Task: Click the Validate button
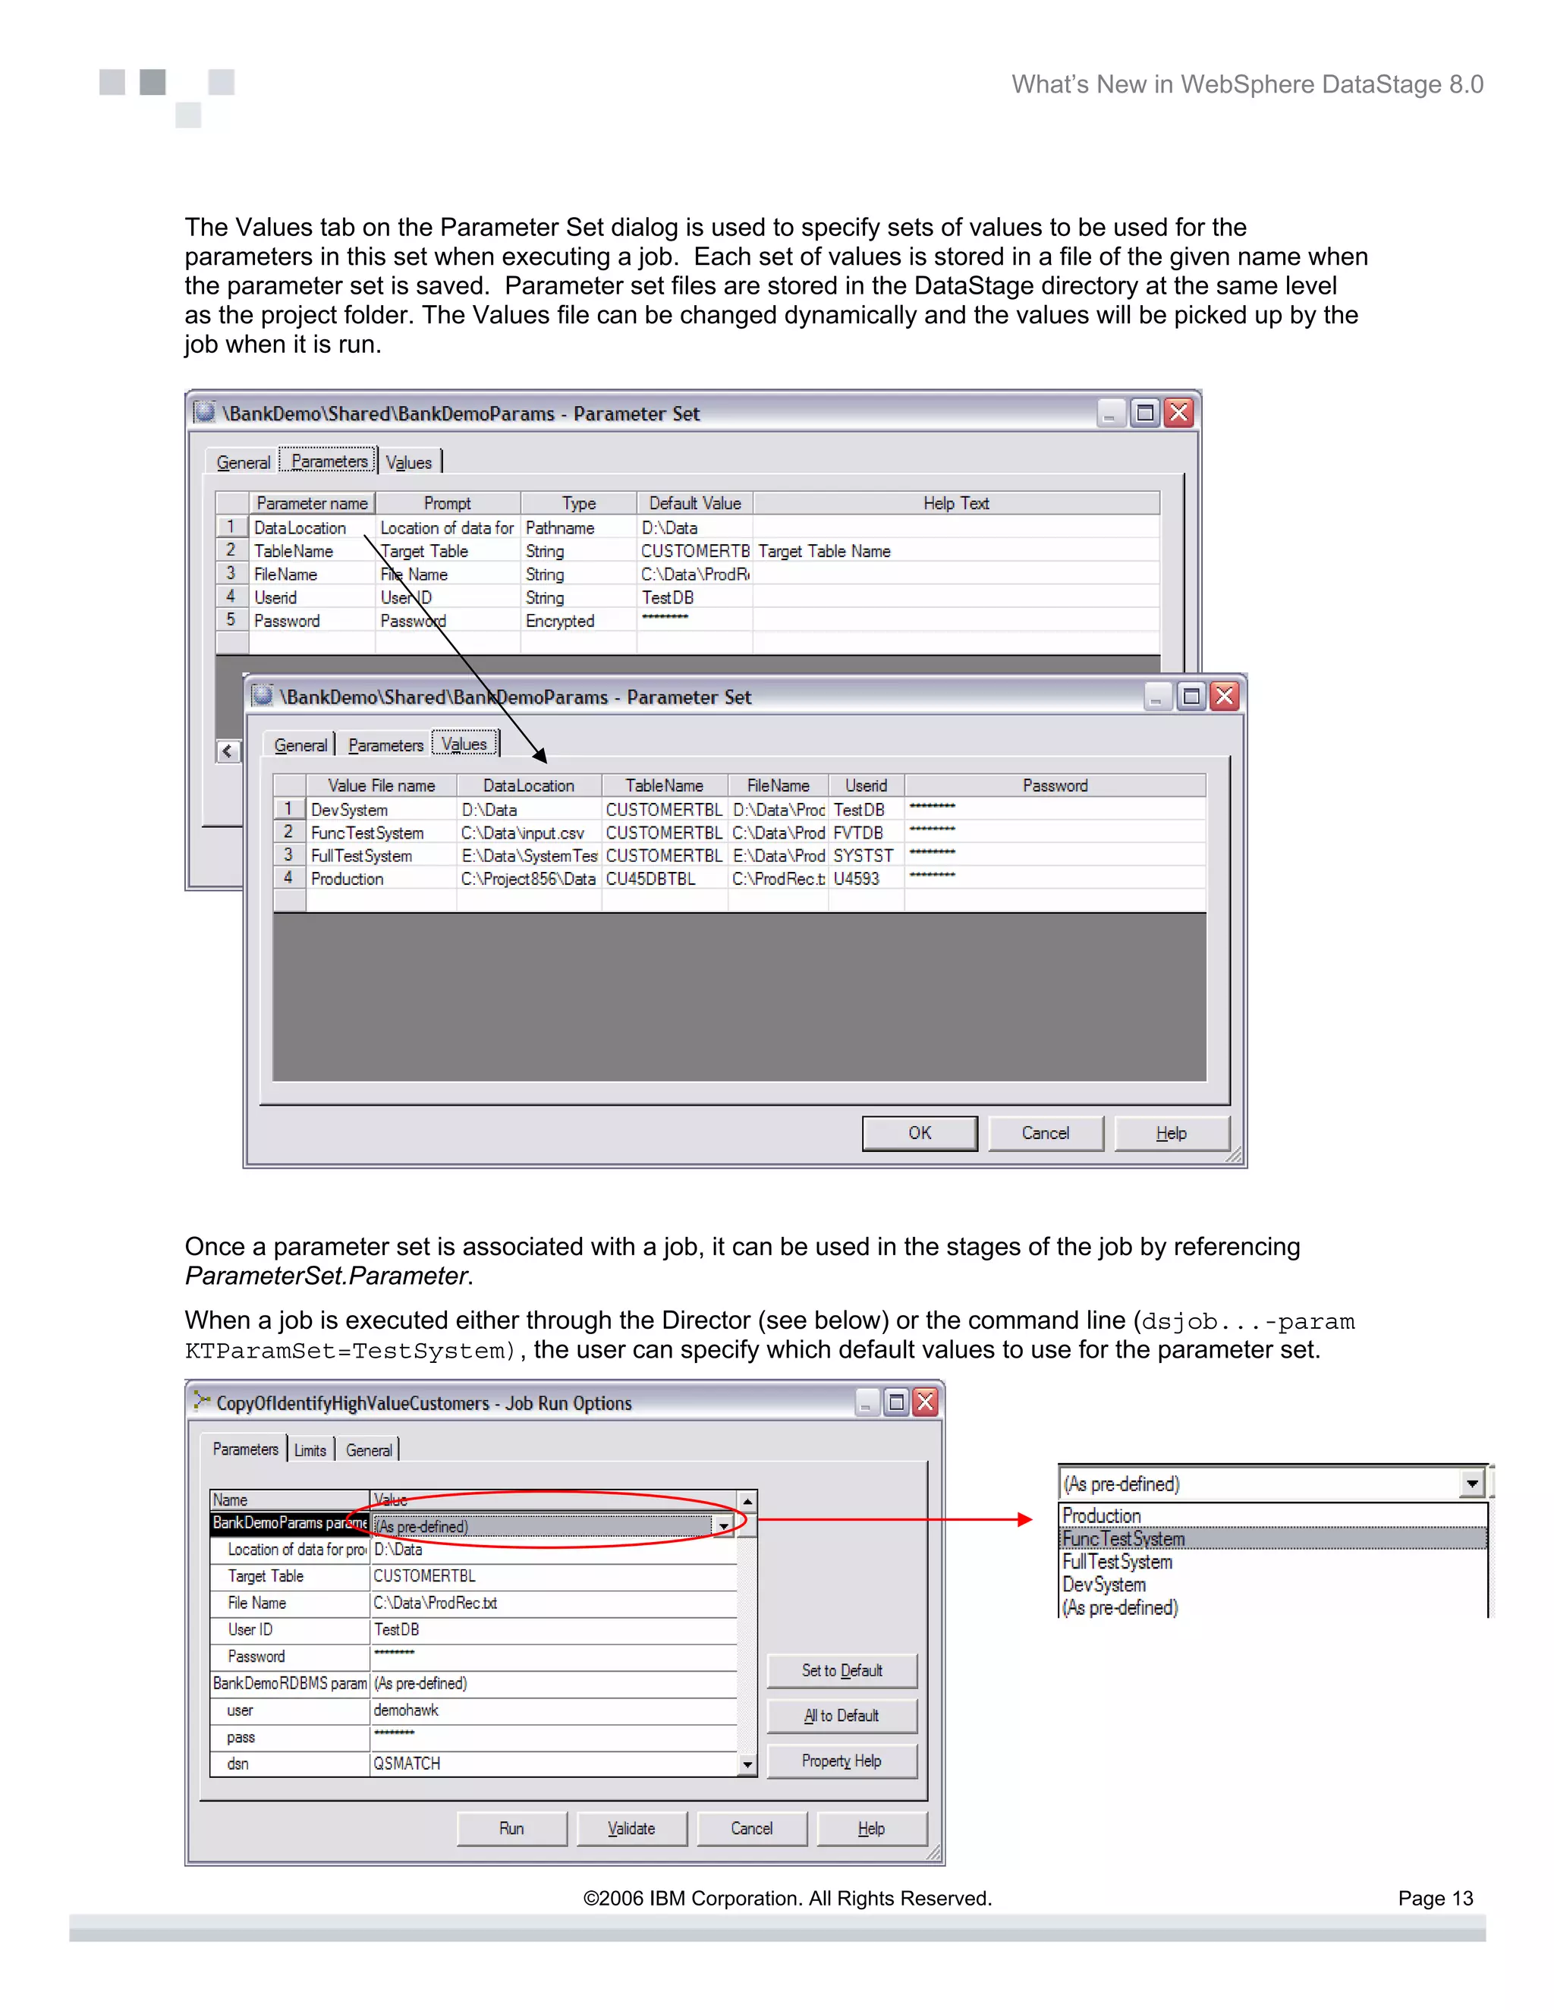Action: [x=631, y=1828]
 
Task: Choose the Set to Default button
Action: [x=841, y=1670]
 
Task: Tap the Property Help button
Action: [x=841, y=1761]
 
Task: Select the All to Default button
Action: [x=841, y=1716]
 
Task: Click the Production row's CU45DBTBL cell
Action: [x=651, y=879]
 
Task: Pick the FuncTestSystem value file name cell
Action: [x=367, y=832]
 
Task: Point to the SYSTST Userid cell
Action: [x=863, y=855]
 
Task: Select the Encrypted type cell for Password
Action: [x=560, y=621]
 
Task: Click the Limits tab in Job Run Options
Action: [x=310, y=1450]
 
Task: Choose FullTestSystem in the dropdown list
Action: [x=1117, y=1562]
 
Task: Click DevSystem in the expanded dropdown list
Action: [x=1104, y=1585]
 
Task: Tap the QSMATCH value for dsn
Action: [x=407, y=1764]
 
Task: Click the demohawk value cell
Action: [x=406, y=1710]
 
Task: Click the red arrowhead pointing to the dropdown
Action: [x=1024, y=1519]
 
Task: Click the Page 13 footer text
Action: [x=1434, y=1898]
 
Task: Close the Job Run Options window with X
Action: [x=925, y=1402]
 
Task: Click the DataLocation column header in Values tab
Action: [x=528, y=785]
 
